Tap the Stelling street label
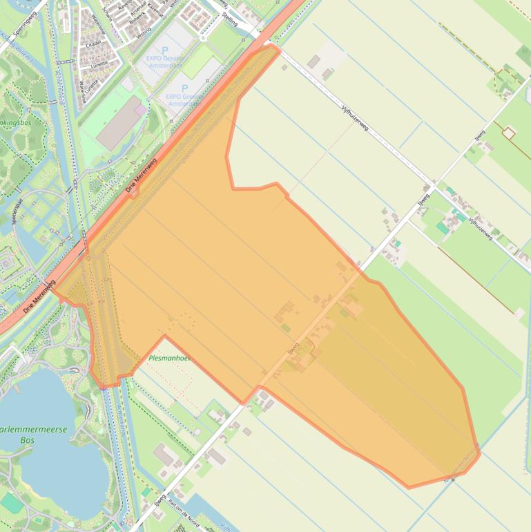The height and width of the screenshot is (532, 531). click(229, 21)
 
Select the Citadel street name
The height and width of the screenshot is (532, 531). click(93, 43)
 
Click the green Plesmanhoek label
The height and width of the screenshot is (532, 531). click(169, 359)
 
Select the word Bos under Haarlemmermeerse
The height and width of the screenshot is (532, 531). click(28, 439)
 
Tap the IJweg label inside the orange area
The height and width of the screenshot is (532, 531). click(294, 347)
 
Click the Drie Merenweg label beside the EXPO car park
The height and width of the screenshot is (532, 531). click(142, 175)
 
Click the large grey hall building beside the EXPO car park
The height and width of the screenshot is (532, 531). click(120, 124)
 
